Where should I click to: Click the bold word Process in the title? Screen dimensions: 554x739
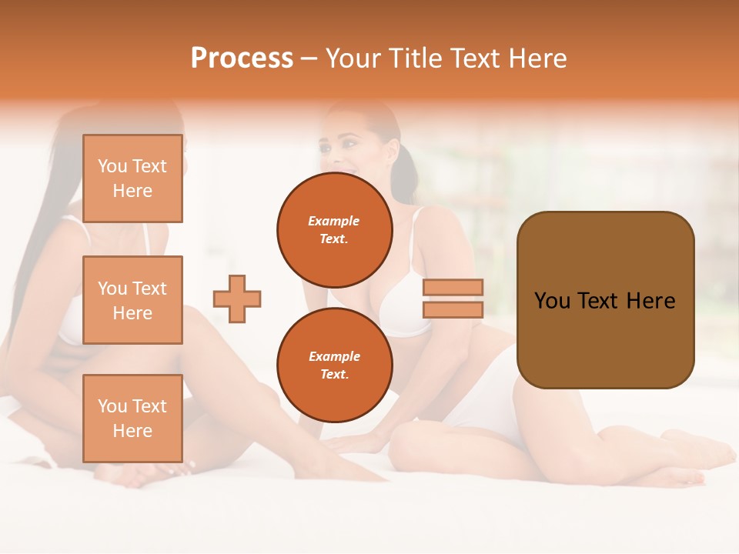click(x=242, y=58)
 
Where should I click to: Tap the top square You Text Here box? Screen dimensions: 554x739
click(x=132, y=179)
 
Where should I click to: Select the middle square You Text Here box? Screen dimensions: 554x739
click(x=132, y=300)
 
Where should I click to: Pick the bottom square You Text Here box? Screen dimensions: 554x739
click(x=132, y=418)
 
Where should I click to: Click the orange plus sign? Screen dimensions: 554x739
click(x=237, y=299)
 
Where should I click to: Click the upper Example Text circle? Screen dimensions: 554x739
click(x=335, y=230)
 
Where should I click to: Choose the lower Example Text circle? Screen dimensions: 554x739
click(x=335, y=365)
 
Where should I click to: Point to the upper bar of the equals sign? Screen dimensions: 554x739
click(x=453, y=287)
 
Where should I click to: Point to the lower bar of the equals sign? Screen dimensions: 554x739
click(x=453, y=309)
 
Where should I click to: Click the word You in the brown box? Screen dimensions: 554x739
click(x=552, y=301)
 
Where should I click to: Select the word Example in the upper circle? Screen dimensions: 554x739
click(x=334, y=221)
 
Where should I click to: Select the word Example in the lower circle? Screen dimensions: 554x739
click(x=334, y=356)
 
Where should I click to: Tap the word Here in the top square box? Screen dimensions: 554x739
click(x=132, y=191)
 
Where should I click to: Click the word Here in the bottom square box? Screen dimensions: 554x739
click(x=132, y=431)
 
